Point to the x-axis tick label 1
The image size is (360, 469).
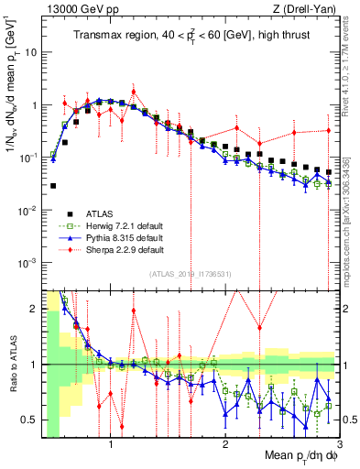pyautogui.click(x=111, y=444)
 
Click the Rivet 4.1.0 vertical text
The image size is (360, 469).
pyautogui.click(x=349, y=64)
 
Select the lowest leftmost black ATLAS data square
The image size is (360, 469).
pyautogui.click(x=53, y=186)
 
